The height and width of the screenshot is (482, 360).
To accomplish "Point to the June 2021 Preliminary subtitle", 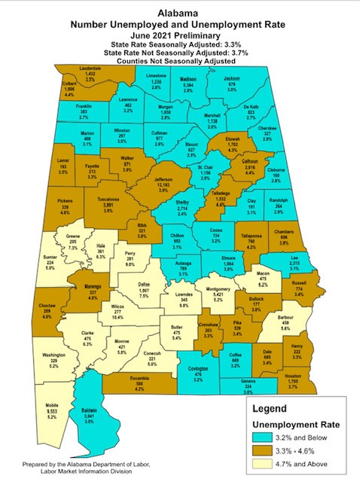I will point(179,35).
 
